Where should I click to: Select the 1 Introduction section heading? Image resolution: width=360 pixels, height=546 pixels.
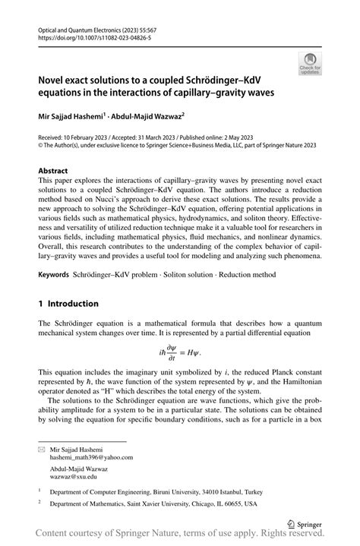coord(69,304)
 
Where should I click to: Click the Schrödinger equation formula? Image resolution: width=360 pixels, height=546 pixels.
coord(179,352)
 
